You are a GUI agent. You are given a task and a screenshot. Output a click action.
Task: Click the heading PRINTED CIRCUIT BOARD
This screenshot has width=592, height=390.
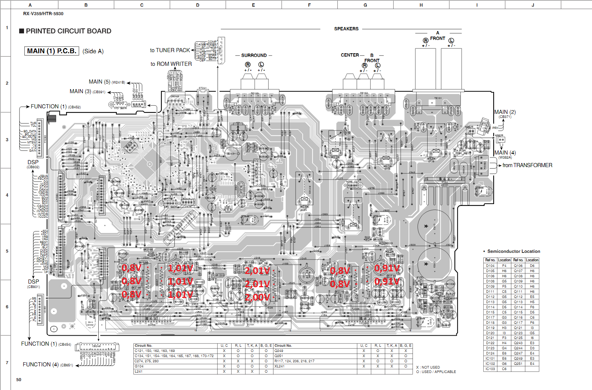point(68,31)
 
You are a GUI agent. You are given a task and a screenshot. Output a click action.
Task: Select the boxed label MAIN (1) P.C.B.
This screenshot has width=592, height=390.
point(52,51)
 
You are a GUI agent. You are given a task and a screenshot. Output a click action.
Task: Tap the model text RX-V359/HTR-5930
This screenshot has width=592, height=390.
point(43,14)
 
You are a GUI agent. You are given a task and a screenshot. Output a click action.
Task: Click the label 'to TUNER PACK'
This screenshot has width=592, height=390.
point(170,50)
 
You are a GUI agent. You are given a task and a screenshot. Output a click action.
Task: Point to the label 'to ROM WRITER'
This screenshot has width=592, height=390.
point(171,64)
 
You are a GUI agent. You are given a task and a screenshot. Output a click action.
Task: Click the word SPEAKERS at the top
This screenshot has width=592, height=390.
point(346,29)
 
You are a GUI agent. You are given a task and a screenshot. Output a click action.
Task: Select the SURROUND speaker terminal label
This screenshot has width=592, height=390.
point(254,55)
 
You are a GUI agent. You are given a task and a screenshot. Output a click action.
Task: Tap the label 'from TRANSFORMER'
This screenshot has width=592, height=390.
point(527,165)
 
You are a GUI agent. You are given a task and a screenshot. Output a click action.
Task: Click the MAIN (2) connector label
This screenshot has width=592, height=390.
point(505,112)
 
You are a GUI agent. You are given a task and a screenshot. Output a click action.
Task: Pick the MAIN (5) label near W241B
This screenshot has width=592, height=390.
point(99,82)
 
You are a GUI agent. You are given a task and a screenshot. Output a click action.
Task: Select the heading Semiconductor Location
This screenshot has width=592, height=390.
point(514,251)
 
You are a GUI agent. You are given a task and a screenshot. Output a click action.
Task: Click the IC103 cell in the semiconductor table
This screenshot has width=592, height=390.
point(490,369)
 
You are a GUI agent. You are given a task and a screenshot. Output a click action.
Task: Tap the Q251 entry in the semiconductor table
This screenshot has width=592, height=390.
point(518,364)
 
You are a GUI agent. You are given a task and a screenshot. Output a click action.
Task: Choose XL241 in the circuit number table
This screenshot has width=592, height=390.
point(279,366)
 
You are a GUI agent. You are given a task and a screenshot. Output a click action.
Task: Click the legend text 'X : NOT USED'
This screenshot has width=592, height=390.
point(428,367)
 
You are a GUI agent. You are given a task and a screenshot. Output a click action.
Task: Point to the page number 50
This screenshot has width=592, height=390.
point(19,380)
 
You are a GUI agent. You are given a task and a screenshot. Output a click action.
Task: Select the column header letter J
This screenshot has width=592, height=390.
point(533,5)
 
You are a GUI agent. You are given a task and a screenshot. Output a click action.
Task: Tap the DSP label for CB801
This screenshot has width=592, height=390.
point(33,282)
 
